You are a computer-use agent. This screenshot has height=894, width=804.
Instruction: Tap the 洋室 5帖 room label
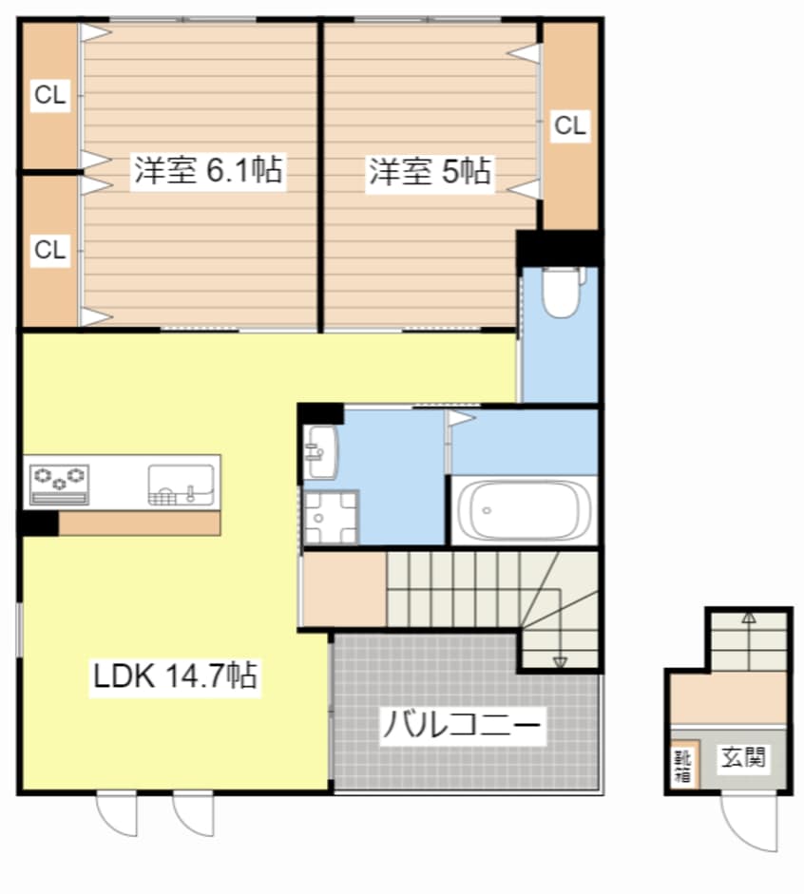(x=430, y=171)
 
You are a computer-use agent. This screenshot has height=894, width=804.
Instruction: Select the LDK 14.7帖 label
(x=174, y=676)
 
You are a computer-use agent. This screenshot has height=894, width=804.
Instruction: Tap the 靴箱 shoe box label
(x=682, y=766)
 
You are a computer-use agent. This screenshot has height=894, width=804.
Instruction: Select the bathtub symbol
(x=523, y=510)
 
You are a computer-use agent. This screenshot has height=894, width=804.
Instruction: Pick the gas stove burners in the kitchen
(x=60, y=478)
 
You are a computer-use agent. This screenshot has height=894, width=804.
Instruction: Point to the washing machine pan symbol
(x=330, y=519)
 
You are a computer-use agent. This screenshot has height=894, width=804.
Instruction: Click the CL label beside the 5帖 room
(x=570, y=124)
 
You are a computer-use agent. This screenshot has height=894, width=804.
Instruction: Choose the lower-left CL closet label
(x=50, y=250)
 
